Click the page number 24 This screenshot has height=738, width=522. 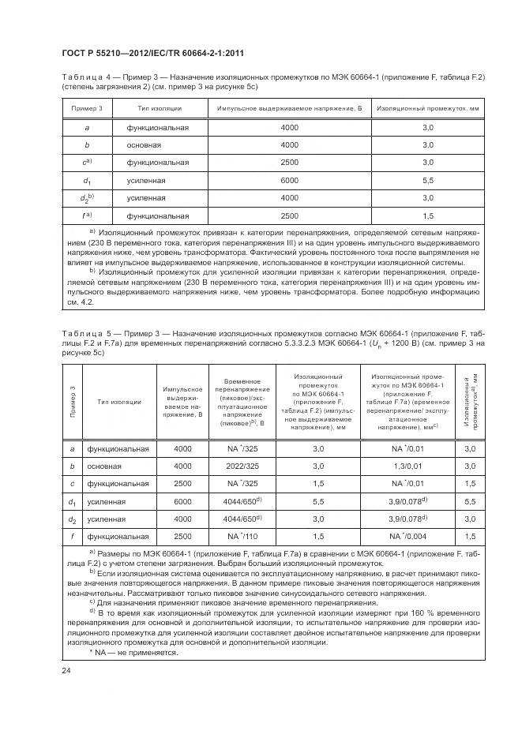coord(66,671)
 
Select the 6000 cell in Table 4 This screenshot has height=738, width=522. coord(289,180)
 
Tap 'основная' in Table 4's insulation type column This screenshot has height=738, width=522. coord(144,145)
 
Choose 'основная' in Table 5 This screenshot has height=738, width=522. coord(106,466)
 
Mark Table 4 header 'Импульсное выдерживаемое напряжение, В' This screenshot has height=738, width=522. coord(289,107)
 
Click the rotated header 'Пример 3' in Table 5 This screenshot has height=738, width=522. coord(73,400)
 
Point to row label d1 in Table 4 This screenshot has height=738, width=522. coord(87,181)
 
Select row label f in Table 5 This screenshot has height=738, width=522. coord(73,535)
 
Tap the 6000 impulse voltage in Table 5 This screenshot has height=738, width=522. coord(183,500)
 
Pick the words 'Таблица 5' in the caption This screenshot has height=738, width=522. coord(84,335)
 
